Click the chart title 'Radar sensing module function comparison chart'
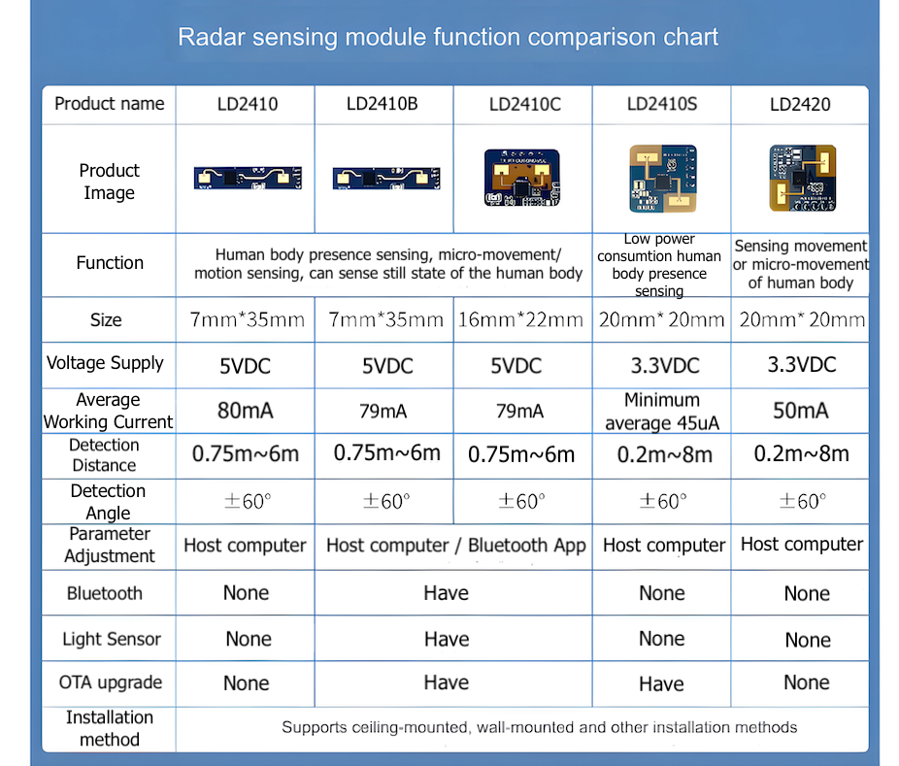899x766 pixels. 448,38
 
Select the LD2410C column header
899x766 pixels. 524,104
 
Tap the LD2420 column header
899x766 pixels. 800,104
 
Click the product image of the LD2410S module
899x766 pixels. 662,178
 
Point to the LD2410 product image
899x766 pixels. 245,177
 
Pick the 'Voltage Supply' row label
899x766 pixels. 105,363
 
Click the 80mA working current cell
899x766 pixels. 246,411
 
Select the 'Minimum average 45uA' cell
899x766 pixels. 662,412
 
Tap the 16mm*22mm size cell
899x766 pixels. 522,319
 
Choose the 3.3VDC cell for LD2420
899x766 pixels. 801,365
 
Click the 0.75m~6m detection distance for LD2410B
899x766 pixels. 386,453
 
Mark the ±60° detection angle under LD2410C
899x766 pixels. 522,501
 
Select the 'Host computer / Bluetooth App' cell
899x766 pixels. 455,546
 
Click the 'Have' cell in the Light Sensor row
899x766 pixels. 447,639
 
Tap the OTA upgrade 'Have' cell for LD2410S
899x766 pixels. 661,684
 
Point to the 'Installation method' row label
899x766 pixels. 109,728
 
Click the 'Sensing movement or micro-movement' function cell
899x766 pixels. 800,264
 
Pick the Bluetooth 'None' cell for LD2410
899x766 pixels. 246,593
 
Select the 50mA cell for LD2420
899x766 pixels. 801,411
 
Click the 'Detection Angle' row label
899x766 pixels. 108,502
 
